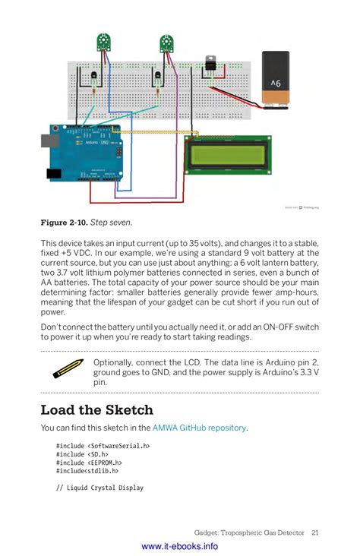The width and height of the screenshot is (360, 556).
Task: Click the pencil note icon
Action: click(68, 368)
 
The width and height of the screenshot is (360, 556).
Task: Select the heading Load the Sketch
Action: click(96, 410)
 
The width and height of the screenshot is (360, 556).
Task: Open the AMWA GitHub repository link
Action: click(199, 428)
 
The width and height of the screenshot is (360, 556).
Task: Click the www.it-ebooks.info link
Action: click(179, 546)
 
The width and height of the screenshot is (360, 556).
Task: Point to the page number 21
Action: click(314, 532)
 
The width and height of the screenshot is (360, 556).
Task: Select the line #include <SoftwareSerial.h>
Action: click(103, 446)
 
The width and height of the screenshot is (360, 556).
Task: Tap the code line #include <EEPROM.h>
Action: click(89, 463)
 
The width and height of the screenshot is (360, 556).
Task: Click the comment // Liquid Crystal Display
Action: click(99, 488)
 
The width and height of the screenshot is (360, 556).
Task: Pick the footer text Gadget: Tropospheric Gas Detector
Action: click(250, 532)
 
